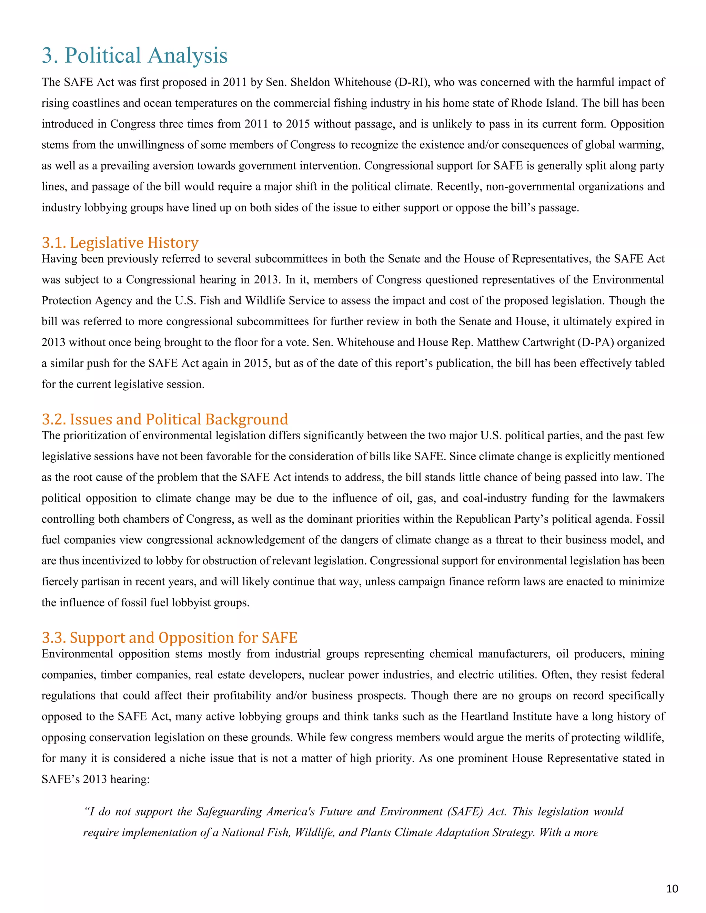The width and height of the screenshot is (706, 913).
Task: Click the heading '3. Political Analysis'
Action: tap(135, 55)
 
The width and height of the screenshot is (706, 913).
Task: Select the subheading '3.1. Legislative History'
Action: tap(120, 243)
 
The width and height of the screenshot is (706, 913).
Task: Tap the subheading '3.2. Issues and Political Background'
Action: tap(165, 419)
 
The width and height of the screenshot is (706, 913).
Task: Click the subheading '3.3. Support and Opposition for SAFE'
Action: tap(169, 637)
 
